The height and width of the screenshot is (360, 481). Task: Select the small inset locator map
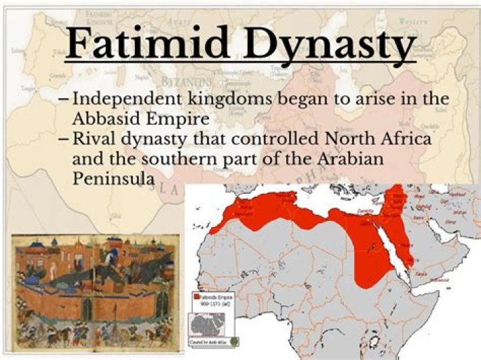(x=208, y=325)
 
